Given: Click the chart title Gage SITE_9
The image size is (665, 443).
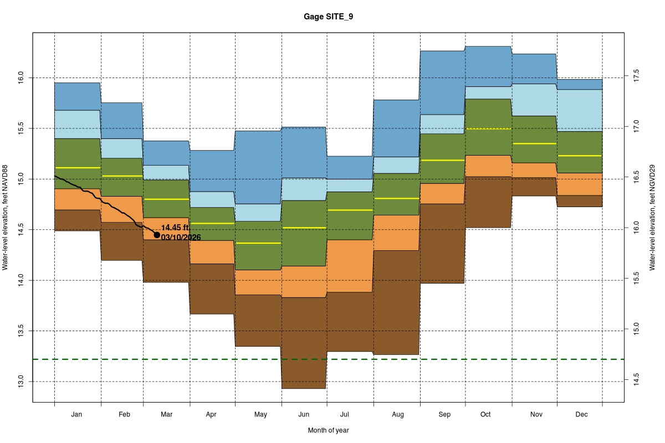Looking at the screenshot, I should tap(328, 17).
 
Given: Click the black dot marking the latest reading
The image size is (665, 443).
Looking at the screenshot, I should tap(157, 235).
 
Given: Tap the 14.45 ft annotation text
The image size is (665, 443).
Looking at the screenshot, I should tap(176, 228).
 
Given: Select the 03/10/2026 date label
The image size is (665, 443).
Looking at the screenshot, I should tap(181, 238).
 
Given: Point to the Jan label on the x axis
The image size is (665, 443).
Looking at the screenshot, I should tap(77, 414).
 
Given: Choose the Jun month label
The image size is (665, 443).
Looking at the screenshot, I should tap(304, 414).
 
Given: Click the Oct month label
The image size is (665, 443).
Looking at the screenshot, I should tap(485, 414).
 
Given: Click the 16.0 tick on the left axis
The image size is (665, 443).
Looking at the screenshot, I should tap(21, 78).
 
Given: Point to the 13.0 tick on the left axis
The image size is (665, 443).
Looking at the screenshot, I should tap(21, 382).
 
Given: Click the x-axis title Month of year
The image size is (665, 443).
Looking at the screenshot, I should tap(328, 430).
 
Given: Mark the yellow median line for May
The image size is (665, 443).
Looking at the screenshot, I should tap(258, 243).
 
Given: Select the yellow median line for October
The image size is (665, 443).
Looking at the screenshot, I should tap(488, 128).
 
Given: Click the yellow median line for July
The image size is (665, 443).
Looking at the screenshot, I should tap(350, 210).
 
